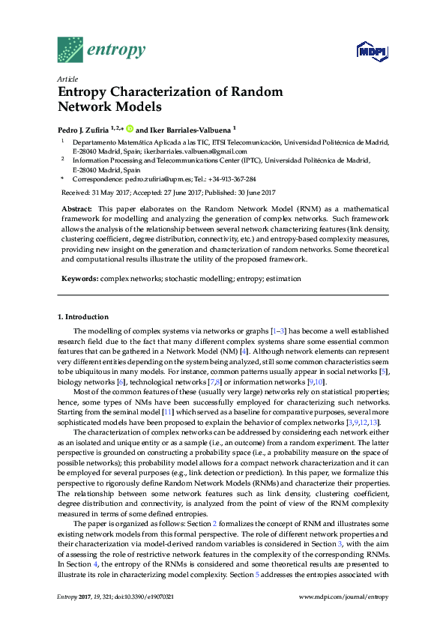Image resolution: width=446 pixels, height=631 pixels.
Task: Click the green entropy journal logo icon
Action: pos(70,49)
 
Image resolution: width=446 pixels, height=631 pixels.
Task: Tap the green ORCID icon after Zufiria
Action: pos(129,128)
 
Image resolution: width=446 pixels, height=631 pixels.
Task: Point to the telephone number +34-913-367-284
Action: pos(232,179)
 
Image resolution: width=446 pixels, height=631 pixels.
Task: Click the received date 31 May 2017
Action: pos(111,192)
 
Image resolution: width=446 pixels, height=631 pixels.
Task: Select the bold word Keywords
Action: pos(79,278)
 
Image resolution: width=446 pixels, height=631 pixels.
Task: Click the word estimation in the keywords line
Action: pos(286,278)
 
